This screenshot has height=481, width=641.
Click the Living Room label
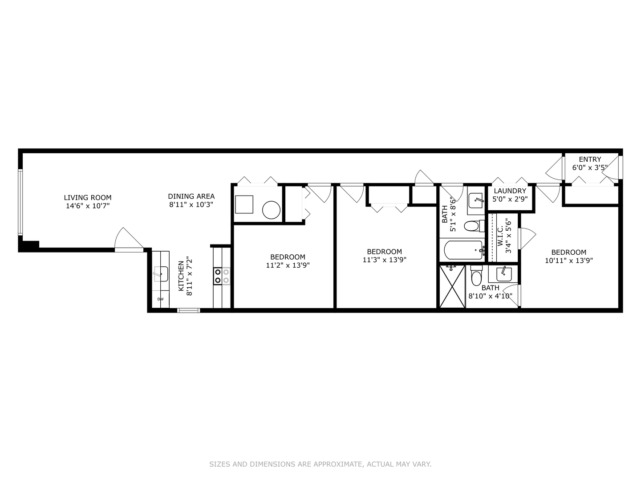pos(88,198)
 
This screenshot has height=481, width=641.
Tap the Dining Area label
pos(191,196)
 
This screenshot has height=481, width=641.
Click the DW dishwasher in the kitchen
pos(160,299)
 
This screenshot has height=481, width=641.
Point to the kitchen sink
pos(160,274)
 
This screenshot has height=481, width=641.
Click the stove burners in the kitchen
pos(222,276)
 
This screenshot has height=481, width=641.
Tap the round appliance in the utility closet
pos(271,210)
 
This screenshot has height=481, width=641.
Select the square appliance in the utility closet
pos(244,204)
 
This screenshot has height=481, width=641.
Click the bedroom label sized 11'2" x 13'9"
pos(288,257)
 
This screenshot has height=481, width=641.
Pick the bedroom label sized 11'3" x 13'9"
pos(384,252)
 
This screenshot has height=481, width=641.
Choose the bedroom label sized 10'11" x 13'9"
pos(568,252)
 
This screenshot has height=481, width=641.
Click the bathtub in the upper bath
pos(463,250)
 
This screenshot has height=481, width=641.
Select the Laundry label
pos(510,191)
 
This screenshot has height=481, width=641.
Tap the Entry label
pos(590,159)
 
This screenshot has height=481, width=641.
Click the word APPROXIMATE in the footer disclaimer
pos(337,464)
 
